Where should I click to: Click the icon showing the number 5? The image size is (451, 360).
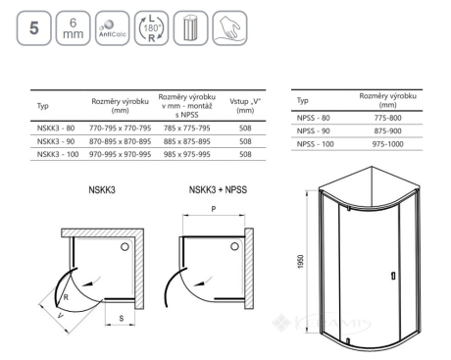pyautogui.click(x=34, y=28)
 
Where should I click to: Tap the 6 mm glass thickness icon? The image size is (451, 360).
pyautogui.click(x=74, y=28)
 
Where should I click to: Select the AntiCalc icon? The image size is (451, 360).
pyautogui.click(x=113, y=28)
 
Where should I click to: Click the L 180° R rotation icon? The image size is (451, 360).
pyautogui.click(x=151, y=28)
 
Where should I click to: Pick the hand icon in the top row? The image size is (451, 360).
pyautogui.click(x=229, y=28)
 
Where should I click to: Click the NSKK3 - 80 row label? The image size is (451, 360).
pyautogui.click(x=56, y=129)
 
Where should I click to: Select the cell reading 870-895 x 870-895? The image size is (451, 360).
pyautogui.click(x=121, y=141)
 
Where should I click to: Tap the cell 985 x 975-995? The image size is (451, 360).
pyautogui.click(x=187, y=154)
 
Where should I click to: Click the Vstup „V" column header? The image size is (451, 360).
pyautogui.click(x=245, y=106)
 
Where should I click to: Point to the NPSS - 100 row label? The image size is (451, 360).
pyautogui.click(x=316, y=144)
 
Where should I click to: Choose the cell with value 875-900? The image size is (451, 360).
pyautogui.click(x=388, y=131)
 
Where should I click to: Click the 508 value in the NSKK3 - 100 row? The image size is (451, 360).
pyautogui.click(x=245, y=154)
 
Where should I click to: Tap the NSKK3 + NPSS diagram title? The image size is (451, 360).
pyautogui.click(x=218, y=190)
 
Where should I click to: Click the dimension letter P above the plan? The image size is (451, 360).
pyautogui.click(x=214, y=209)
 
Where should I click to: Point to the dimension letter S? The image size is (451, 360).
pyautogui.click(x=122, y=319)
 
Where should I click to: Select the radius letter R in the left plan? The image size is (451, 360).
pyautogui.click(x=66, y=297)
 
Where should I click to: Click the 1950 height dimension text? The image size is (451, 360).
pyautogui.click(x=301, y=262)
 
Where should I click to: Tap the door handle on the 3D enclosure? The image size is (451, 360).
pyautogui.click(x=393, y=276)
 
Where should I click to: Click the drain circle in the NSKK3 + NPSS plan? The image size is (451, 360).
pyautogui.click(x=234, y=246)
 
